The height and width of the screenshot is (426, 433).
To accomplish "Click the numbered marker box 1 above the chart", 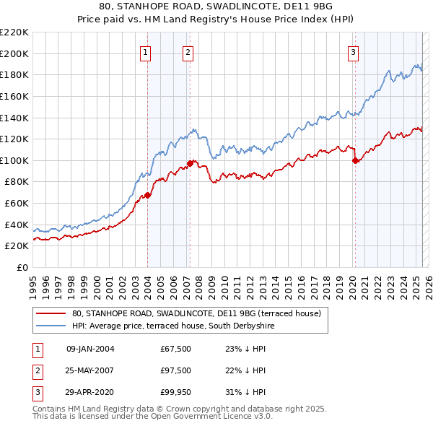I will click(146, 52).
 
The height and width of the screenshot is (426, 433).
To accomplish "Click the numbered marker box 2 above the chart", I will click(188, 52).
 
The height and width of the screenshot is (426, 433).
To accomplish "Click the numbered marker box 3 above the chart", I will click(354, 52).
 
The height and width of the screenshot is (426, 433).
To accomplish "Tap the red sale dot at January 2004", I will click(147, 195).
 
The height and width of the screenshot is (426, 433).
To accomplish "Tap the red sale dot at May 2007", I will click(190, 163).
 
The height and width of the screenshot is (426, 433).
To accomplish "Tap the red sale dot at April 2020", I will click(355, 161).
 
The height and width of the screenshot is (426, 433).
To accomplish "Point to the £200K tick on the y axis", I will click(15, 53).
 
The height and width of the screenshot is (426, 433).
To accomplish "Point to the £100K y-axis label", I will click(15, 160).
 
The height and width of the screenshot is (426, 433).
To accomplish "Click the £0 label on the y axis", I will click(23, 267).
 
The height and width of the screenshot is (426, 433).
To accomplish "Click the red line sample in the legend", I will click(51, 313).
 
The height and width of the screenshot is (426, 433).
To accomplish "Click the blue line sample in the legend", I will click(51, 326).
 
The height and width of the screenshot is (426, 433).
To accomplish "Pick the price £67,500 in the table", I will click(176, 349).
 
